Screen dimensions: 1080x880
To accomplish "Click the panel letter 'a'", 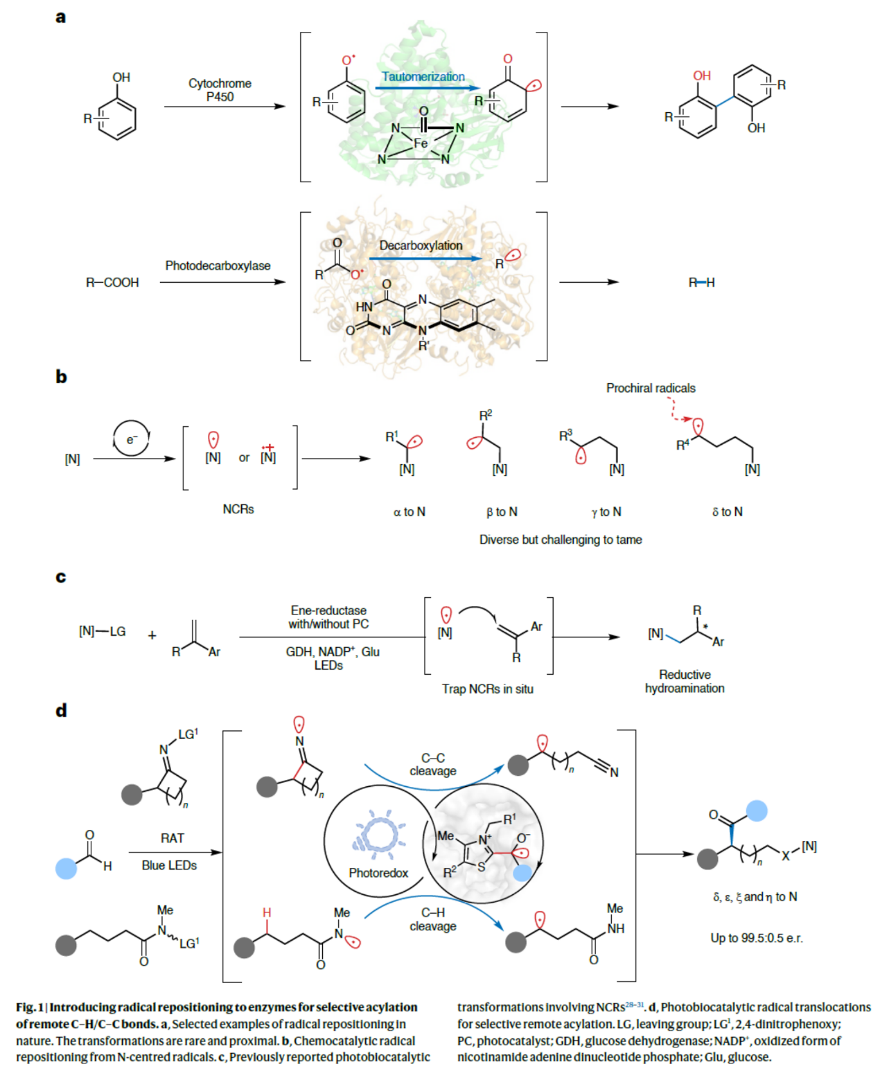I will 60,17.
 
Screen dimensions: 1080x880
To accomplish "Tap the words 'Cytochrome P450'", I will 220,90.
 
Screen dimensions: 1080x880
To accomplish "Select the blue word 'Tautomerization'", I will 423,77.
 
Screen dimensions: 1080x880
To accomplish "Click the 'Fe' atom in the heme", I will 421,143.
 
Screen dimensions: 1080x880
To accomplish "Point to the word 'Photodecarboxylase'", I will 218,266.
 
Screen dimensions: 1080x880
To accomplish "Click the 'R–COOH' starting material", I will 112,283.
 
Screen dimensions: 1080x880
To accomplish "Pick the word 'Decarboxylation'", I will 421,246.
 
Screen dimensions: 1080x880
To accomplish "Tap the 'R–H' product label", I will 701,283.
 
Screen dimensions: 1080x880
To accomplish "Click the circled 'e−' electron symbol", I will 131,439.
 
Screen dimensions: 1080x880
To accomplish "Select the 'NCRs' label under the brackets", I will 238,509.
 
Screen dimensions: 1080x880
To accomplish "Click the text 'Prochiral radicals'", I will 651,389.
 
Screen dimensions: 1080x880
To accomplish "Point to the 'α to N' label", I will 410,512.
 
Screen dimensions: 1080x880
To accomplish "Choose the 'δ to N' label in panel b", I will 727,512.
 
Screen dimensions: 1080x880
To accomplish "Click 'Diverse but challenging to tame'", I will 561,540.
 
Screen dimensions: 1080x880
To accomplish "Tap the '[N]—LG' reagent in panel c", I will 102,632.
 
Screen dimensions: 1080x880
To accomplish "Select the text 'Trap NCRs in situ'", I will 488,689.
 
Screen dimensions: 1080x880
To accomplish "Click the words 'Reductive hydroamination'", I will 685,682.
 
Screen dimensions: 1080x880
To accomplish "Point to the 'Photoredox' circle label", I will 378,873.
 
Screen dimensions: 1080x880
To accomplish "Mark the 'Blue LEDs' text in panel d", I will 169,866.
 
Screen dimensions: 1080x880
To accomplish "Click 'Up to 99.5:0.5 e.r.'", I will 757,938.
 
